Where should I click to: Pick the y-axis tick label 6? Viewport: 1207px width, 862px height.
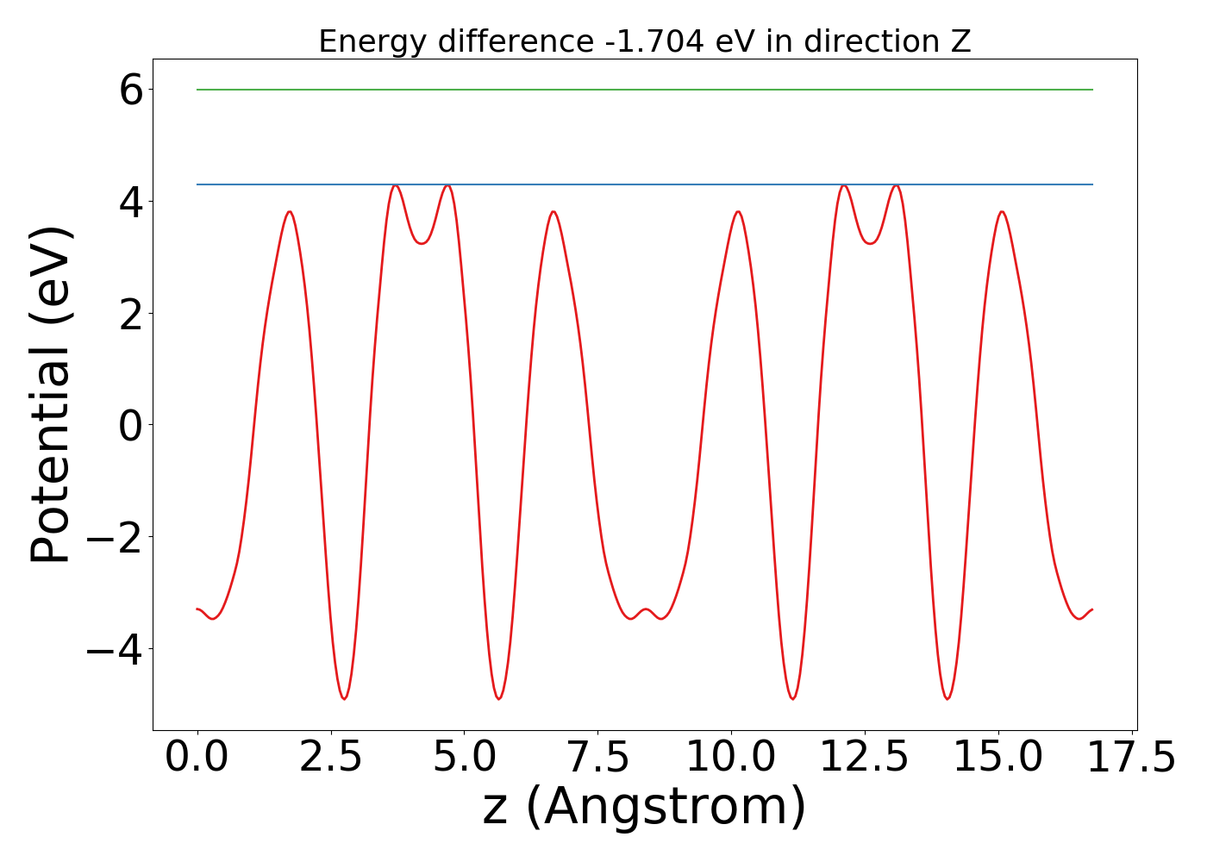pyautogui.click(x=131, y=90)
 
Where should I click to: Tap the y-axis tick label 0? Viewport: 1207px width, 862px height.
pyautogui.click(x=131, y=425)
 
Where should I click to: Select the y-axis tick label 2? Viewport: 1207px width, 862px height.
pyautogui.click(x=131, y=313)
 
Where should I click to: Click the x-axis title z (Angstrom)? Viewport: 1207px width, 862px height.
pyautogui.click(x=645, y=807)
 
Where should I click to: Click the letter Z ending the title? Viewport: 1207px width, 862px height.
pyautogui.click(x=961, y=41)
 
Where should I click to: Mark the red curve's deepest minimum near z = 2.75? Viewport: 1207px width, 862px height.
pyautogui.click(x=344, y=698)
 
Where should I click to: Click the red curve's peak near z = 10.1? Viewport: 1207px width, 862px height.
pyautogui.click(x=738, y=211)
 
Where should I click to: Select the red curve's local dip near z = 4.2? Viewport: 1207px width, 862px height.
pyautogui.click(x=422, y=243)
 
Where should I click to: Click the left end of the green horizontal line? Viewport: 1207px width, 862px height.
pyautogui.click(x=197, y=90)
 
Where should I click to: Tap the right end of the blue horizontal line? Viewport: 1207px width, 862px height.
pyautogui.click(x=1092, y=184)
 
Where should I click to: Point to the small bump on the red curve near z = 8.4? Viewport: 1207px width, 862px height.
pyautogui.click(x=645, y=609)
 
